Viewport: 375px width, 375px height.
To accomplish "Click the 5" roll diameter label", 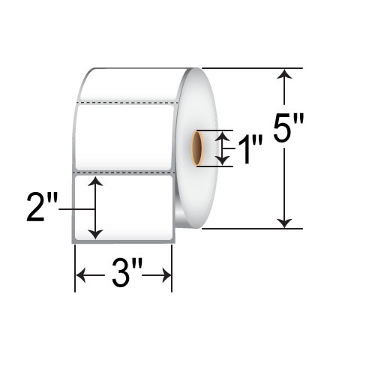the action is click(x=288, y=127).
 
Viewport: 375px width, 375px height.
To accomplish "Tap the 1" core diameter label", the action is click(x=250, y=149).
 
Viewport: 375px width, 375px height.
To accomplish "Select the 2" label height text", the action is click(x=43, y=207).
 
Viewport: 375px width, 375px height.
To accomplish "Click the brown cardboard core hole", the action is click(x=197, y=148).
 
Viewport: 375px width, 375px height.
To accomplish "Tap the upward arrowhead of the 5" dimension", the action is click(x=284, y=74).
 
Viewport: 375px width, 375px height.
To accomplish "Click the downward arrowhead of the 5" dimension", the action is click(x=284, y=223).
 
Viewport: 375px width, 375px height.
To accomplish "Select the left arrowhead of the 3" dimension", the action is click(x=80, y=275).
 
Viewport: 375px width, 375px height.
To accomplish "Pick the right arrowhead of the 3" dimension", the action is click(x=166, y=275).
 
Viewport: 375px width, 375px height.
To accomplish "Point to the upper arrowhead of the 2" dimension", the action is click(x=95, y=181).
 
